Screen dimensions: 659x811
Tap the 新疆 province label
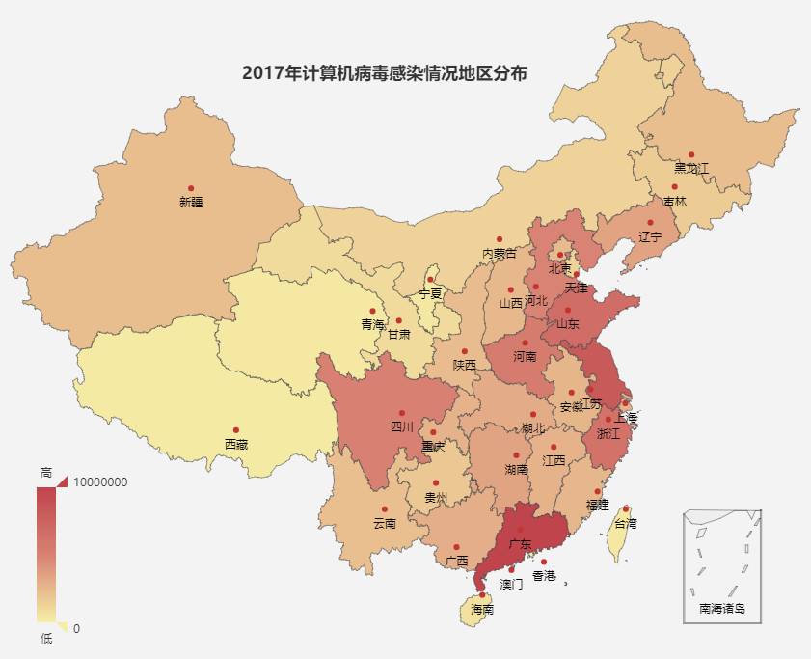[191, 203]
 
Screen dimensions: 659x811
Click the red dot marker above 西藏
[236, 430]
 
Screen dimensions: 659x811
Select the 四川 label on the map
[402, 426]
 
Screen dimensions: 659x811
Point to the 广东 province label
[520, 544]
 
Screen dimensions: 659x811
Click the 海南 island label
[482, 610]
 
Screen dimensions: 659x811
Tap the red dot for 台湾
[626, 508]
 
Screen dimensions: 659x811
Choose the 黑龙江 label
[691, 169]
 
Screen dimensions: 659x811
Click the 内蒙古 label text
[500, 254]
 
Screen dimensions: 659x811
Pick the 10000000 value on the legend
[100, 482]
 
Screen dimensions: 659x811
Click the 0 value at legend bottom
[76, 628]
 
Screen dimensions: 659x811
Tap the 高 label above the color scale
[46, 472]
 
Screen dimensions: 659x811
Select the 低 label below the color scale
[46, 639]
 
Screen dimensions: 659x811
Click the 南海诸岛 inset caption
[722, 609]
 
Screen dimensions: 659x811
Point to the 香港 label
[544, 576]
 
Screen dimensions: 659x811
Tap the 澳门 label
[511, 584]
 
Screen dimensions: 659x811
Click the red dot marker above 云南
[384, 509]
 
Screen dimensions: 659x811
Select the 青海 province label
[371, 324]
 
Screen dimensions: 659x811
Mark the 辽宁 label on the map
[651, 236]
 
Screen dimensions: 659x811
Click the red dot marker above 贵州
[436, 483]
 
